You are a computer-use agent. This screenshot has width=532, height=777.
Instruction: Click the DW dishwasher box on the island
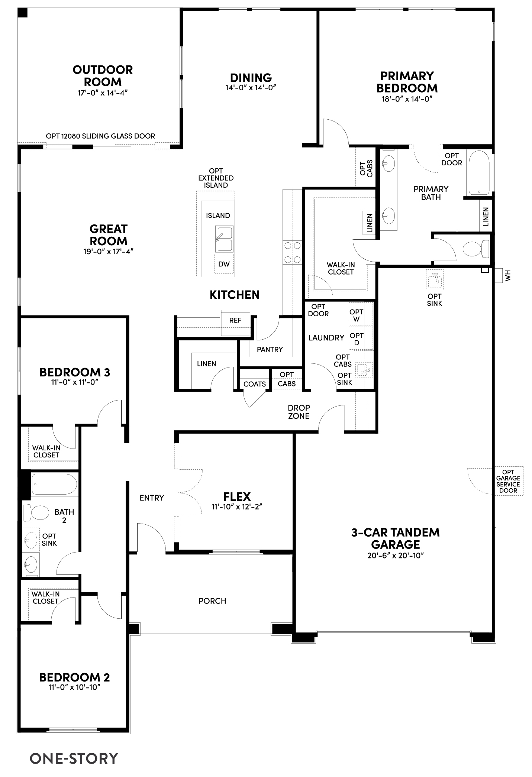(x=224, y=264)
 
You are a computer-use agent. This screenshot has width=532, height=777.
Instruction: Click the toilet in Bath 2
(x=36, y=513)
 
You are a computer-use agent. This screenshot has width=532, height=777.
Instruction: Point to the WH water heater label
(x=508, y=275)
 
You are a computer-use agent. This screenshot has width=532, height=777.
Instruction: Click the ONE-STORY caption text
(x=74, y=758)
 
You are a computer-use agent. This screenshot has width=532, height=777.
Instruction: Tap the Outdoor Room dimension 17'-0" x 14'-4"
(x=103, y=93)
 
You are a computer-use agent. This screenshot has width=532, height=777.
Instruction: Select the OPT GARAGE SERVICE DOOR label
(x=508, y=481)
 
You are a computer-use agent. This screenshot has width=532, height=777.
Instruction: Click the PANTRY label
(x=270, y=349)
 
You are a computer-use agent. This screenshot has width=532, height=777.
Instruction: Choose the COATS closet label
(x=255, y=384)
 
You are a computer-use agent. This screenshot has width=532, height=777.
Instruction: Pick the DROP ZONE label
(x=299, y=412)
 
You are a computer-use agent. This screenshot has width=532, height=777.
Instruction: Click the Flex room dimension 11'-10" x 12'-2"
(x=237, y=506)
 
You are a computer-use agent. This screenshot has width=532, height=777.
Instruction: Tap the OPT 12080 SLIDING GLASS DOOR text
(x=100, y=136)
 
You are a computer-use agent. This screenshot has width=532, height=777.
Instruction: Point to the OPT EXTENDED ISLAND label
(x=216, y=178)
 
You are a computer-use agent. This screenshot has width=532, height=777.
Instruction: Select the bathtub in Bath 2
(x=54, y=484)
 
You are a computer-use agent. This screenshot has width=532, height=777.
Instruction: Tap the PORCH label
(x=212, y=601)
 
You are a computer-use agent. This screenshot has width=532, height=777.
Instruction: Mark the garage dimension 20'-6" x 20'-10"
(x=396, y=556)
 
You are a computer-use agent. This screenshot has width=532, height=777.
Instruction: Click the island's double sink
(x=224, y=240)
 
